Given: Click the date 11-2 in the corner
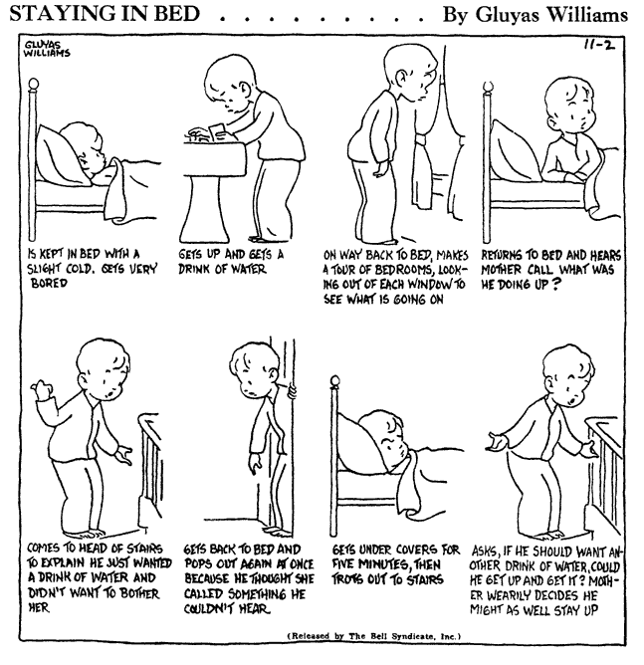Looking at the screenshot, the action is [599, 44].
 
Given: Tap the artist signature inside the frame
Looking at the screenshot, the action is [46, 49].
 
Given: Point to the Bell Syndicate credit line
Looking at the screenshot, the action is [374, 636].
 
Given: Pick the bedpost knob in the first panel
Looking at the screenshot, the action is [33, 85].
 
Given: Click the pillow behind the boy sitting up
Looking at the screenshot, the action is [517, 151].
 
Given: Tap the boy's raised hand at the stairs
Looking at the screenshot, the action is [42, 389].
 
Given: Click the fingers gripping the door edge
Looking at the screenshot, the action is [291, 392].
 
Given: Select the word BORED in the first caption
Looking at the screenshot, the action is [49, 284].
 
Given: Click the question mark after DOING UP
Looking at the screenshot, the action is [554, 284].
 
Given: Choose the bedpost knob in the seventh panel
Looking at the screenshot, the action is [335, 381].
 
